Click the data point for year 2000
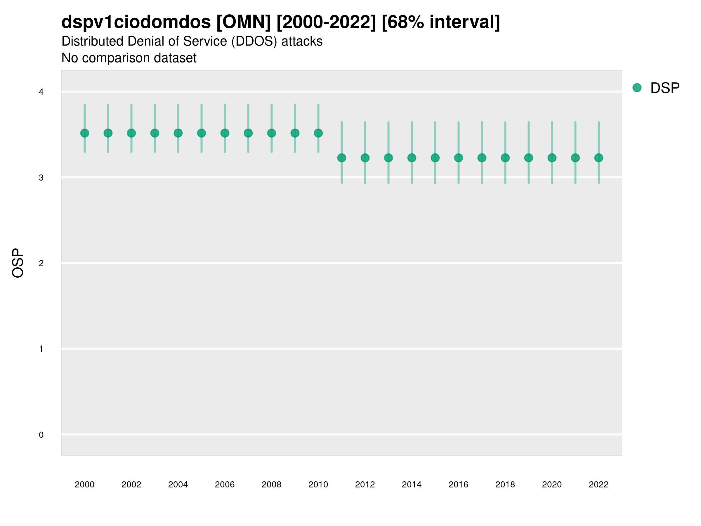click(x=85, y=133)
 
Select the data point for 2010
click(x=318, y=133)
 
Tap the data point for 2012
click(x=365, y=158)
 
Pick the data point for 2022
click(x=599, y=158)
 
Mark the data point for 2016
click(x=459, y=158)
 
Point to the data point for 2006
click(x=225, y=133)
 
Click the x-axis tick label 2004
click(x=178, y=485)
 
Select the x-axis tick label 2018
click(x=505, y=485)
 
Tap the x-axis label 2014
click(x=412, y=485)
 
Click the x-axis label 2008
click(x=272, y=485)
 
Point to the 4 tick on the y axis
click(x=41, y=92)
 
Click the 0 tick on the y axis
click(x=41, y=435)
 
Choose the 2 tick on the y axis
click(x=41, y=263)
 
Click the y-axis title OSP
click(x=18, y=263)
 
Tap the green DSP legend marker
click(x=637, y=88)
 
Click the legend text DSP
click(x=665, y=88)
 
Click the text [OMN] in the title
click(x=244, y=22)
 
